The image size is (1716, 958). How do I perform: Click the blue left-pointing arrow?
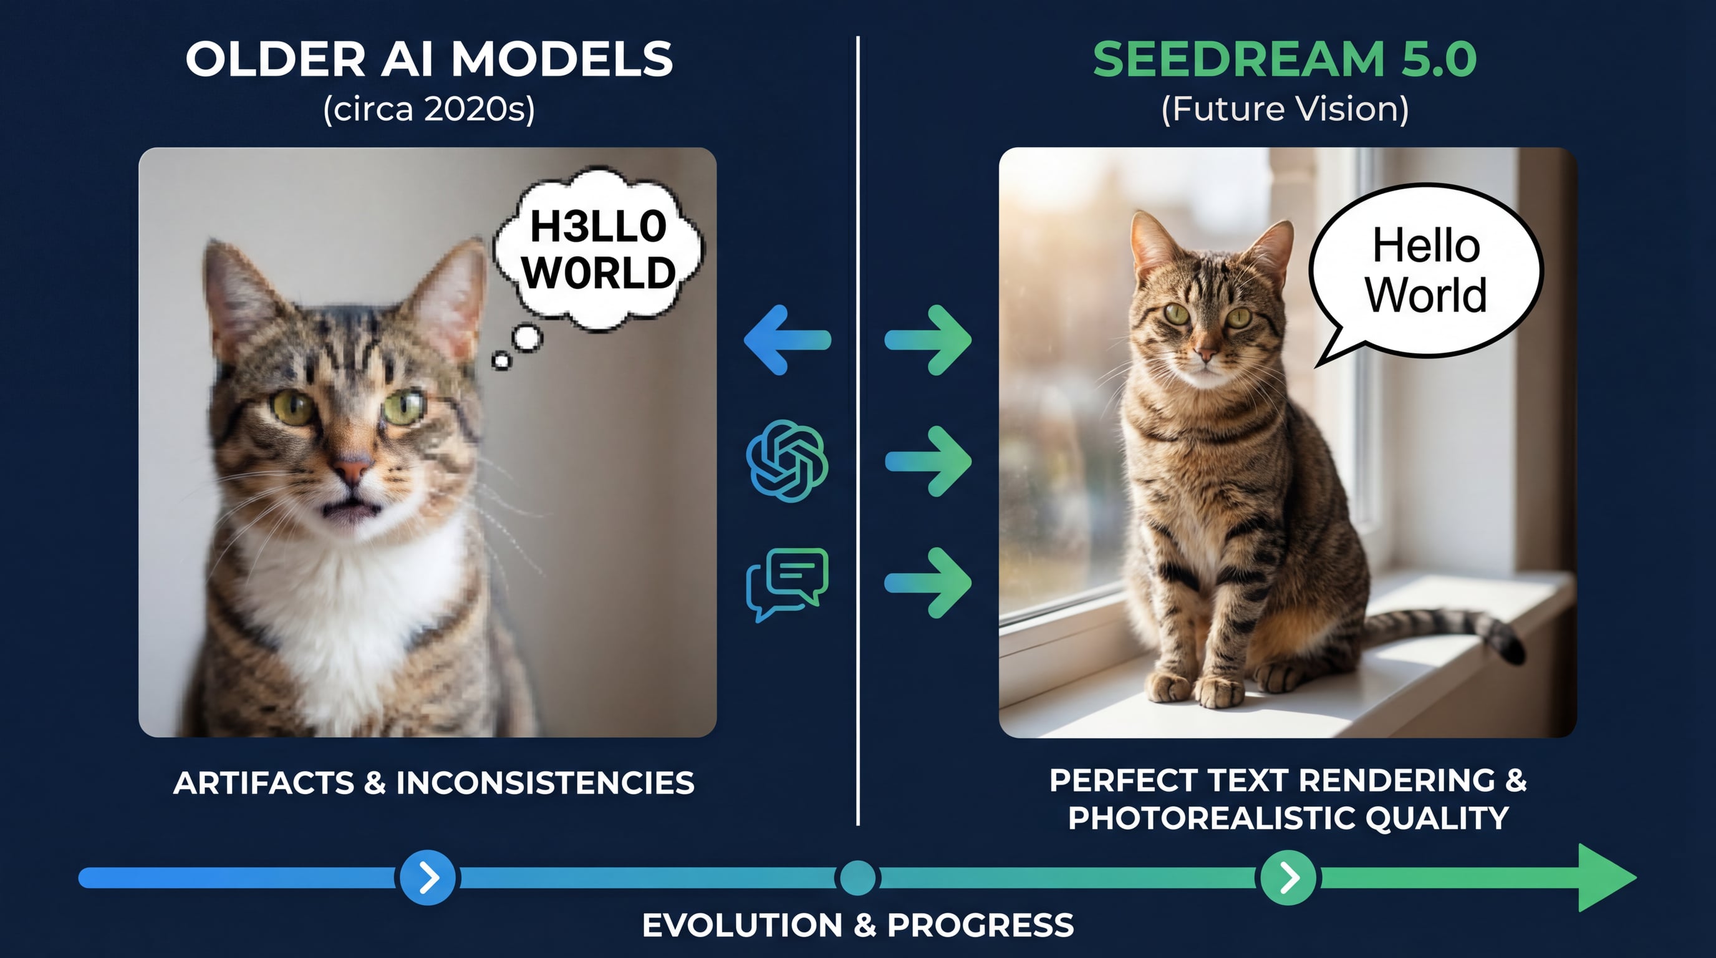788,340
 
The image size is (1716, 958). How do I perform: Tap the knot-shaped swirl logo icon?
788,460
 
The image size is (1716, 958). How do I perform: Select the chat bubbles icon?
788,584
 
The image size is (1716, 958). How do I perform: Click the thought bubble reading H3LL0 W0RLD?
598,250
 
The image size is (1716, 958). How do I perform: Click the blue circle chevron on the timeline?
428,878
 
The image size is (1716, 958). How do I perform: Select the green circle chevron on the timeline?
1288,878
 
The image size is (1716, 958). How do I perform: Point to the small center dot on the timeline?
858,878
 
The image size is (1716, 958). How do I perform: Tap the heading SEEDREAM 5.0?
1285,59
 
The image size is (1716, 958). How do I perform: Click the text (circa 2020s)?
429,109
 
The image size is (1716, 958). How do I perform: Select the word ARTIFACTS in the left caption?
264,783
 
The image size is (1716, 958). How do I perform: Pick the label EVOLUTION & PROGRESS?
858,926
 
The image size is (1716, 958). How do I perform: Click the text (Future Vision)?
1285,109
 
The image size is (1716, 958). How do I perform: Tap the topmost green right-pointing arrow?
928,340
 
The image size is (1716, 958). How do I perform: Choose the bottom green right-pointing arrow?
928,583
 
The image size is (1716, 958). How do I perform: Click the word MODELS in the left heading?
562,59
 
